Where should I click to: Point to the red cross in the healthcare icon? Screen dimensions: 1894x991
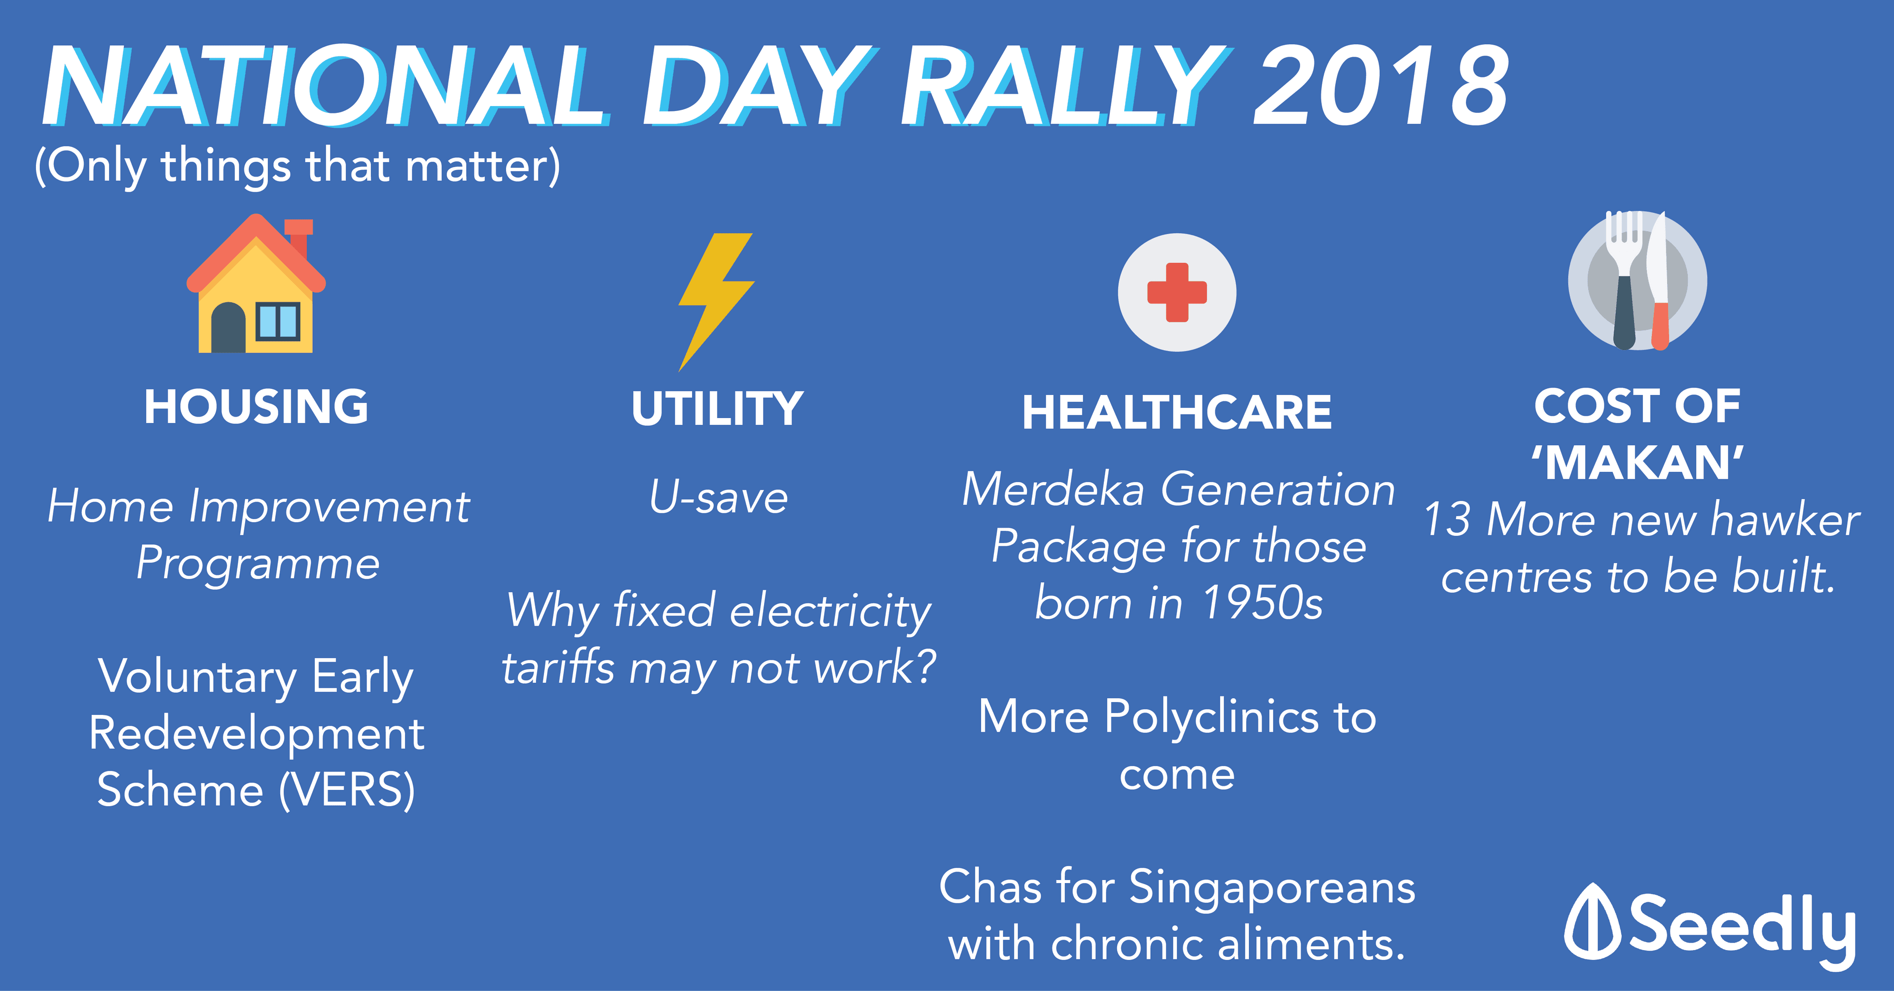pyautogui.click(x=1177, y=292)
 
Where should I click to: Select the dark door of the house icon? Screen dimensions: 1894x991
pyautogui.click(x=228, y=327)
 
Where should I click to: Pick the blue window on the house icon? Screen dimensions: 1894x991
pyautogui.click(x=278, y=321)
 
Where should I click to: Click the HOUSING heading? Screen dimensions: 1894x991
pyautogui.click(x=256, y=407)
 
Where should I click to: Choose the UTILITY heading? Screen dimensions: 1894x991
pyautogui.click(x=718, y=409)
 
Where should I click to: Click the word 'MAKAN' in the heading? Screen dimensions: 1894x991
pyautogui.click(x=1638, y=463)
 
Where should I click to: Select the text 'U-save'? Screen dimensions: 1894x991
pyautogui.click(x=718, y=497)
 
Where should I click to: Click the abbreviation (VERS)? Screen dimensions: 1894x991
pyautogui.click(x=347, y=790)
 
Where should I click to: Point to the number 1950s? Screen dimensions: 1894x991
pyautogui.click(x=1263, y=603)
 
